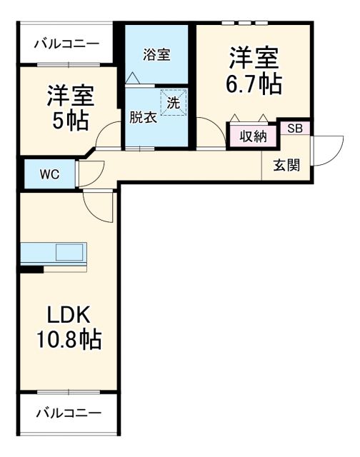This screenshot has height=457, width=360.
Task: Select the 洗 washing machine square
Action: (174, 101)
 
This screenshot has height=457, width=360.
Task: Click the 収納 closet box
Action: (253, 135)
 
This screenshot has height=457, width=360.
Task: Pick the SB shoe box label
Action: (295, 129)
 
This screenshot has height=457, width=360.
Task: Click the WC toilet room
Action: (49, 174)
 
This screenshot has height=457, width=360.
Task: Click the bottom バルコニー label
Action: (68, 413)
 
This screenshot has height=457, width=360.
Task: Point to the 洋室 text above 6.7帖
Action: (254, 57)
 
